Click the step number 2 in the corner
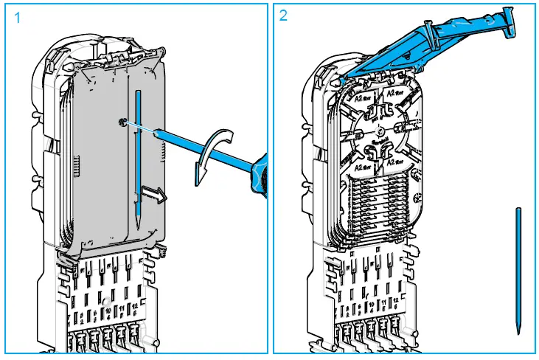point(284,16)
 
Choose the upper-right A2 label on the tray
point(391,95)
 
